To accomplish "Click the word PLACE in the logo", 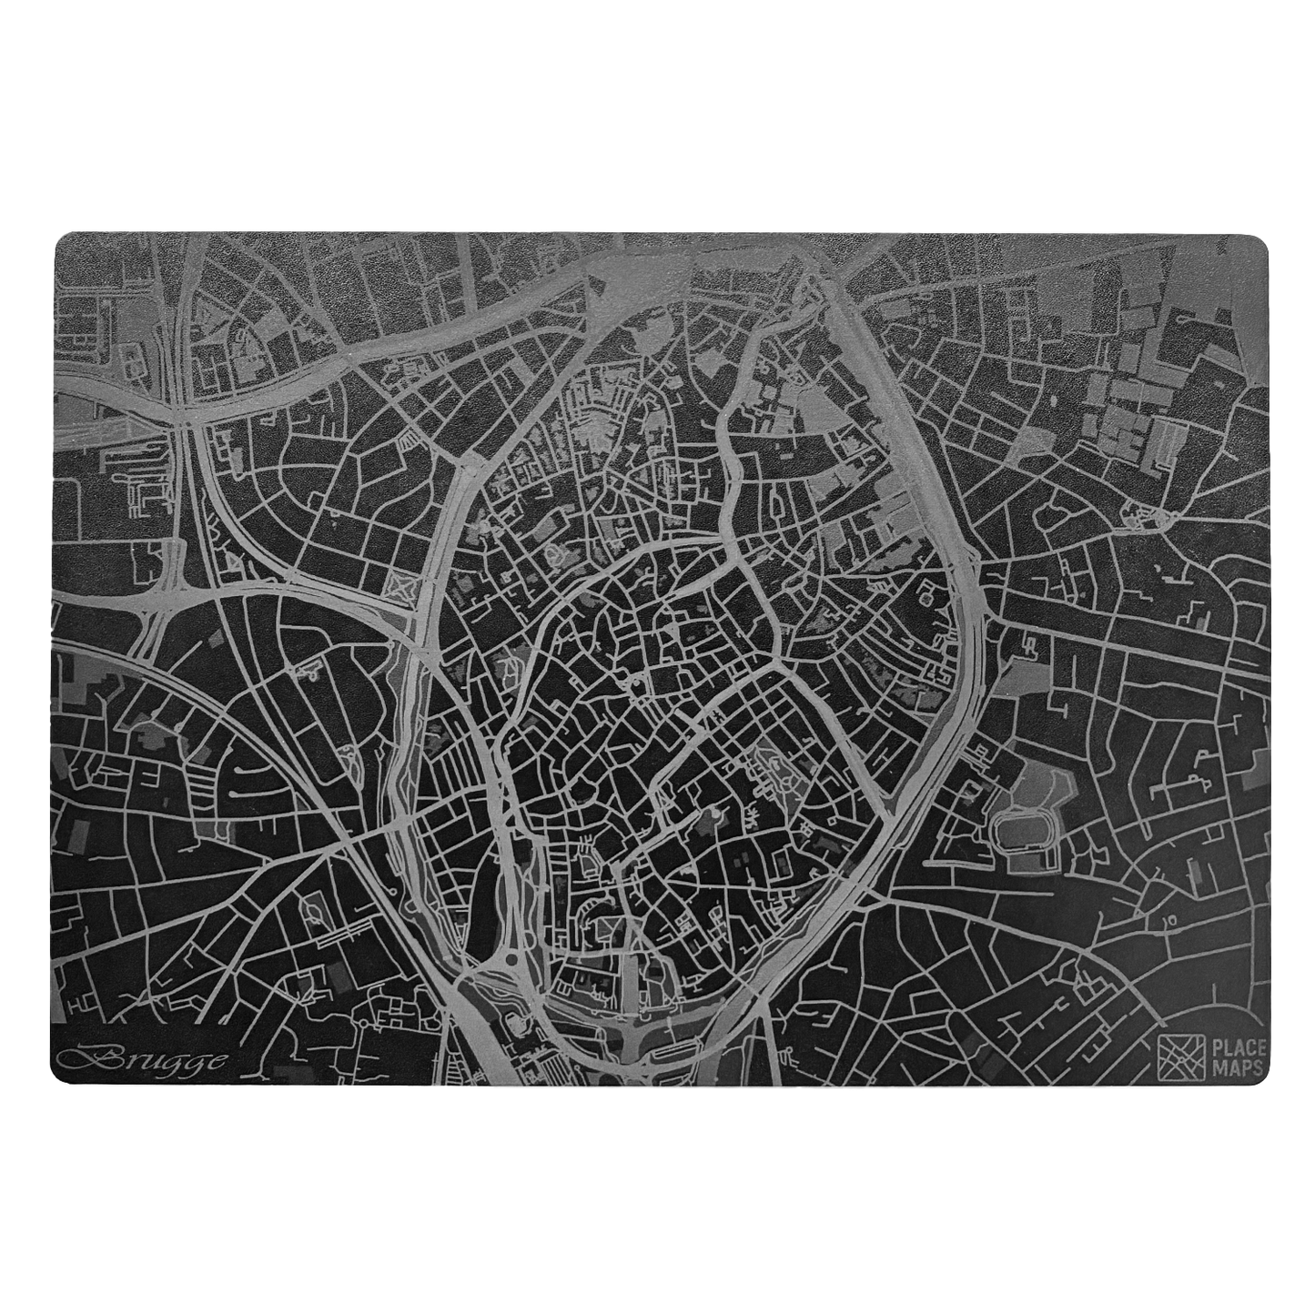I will [x=1235, y=1046].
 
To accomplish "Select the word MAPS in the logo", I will [x=1235, y=1067].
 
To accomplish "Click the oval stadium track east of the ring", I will [x=1024, y=831].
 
